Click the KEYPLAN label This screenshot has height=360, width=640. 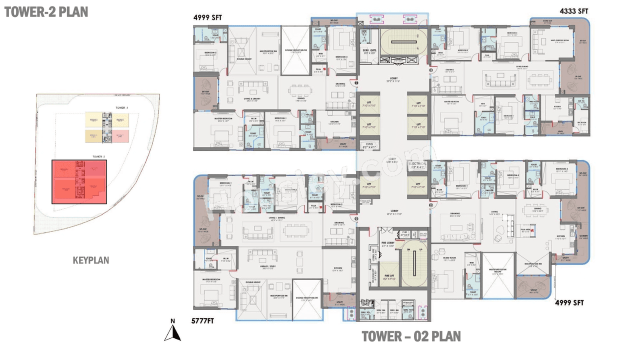(90, 260)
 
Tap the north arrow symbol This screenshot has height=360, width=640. (172, 331)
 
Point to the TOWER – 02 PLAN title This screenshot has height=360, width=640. (411, 336)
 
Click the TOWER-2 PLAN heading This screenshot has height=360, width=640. (46, 11)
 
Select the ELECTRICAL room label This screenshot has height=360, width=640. (417, 165)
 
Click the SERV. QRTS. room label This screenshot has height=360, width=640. (369, 50)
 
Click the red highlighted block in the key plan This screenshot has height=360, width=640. (79, 181)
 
